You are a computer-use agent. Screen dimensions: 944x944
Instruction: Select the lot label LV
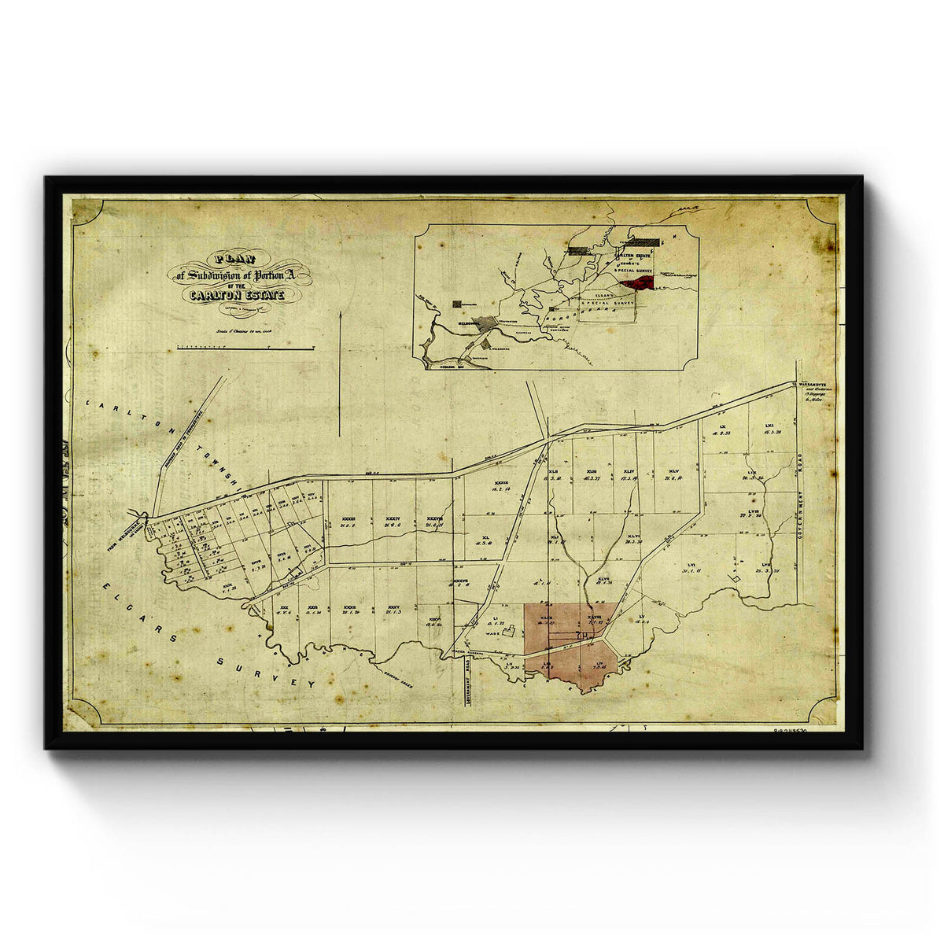click(642, 616)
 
